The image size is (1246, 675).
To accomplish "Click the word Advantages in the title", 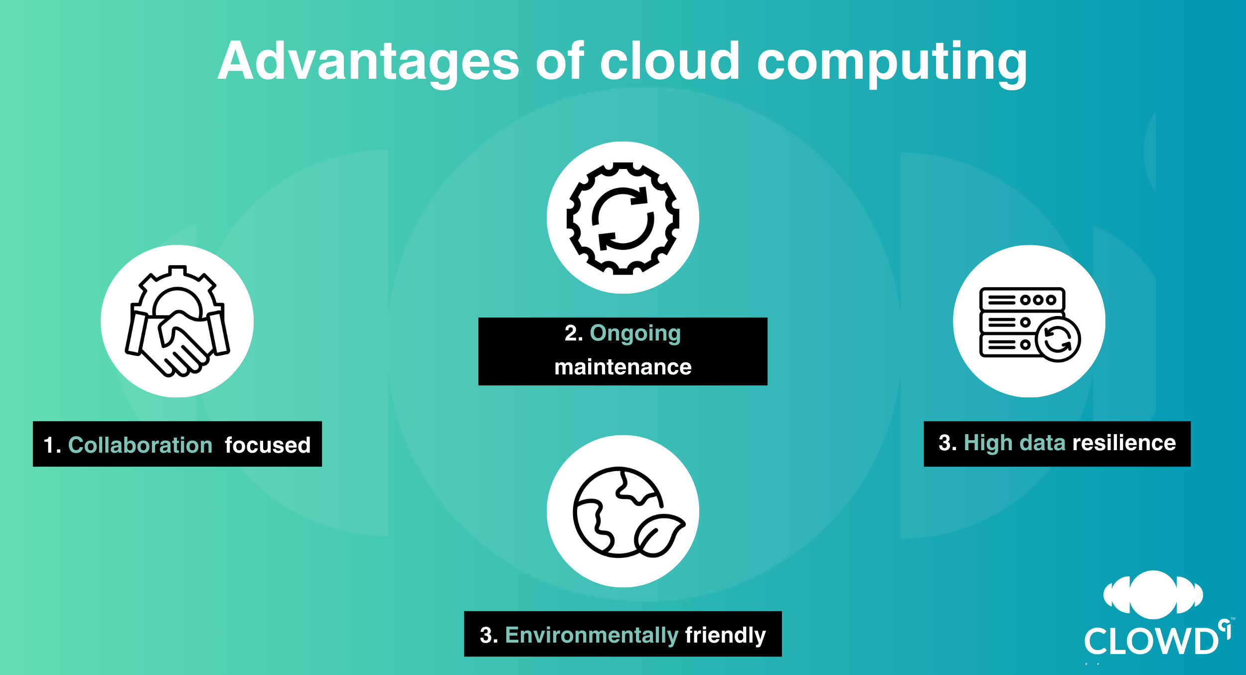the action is point(369,61).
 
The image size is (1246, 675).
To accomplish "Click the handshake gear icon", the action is point(177,321).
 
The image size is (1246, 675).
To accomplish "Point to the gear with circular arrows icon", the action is point(623,218).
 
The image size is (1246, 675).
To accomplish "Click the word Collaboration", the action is point(140,445).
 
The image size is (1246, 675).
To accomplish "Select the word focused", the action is point(268,445).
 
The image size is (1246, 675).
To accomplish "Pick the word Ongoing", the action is point(635,334).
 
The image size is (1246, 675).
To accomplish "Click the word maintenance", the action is point(623,367).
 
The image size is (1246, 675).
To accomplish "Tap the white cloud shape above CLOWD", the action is point(1153,595).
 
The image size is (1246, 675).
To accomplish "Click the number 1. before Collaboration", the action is point(52,445).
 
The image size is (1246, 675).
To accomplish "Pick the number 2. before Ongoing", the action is point(574,334).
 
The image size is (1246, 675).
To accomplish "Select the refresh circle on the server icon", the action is point(1058,339).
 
